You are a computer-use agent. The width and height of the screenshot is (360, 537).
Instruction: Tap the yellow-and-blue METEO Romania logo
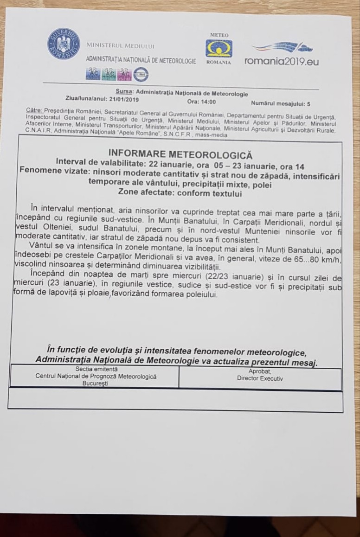pyautogui.click(x=219, y=48)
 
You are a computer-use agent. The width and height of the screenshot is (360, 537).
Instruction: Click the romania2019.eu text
pyautogui.click(x=282, y=61)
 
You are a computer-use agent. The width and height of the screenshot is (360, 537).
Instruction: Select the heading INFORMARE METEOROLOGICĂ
pyautogui.click(x=180, y=153)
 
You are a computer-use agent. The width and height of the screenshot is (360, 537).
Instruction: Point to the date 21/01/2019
pyautogui.click(x=122, y=99)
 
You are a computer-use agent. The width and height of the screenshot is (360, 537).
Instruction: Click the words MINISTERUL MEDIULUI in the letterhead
pyautogui.click(x=120, y=46)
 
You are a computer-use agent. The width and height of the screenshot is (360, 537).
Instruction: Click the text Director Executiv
pyautogui.click(x=260, y=378)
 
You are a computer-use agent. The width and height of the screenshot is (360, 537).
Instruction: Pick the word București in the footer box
pyautogui.click(x=96, y=384)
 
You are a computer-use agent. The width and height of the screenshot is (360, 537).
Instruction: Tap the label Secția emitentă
pyautogui.click(x=96, y=369)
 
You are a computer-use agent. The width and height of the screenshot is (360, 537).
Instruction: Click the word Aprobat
pyautogui.click(x=260, y=372)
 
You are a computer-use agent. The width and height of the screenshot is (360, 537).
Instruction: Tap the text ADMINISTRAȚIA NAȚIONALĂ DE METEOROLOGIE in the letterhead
pyautogui.click(x=141, y=61)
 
